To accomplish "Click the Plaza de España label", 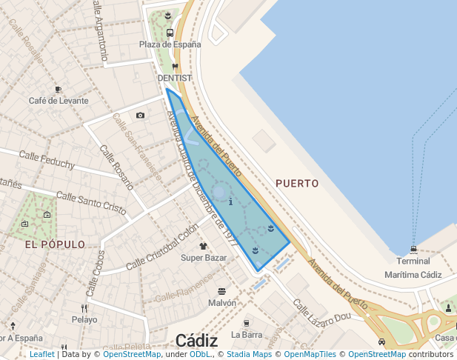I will tap(170, 44).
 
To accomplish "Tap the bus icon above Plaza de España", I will tap(170, 33).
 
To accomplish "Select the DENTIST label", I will tap(175, 78).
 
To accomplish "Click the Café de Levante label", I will tap(59, 101).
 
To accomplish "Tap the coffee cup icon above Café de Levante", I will tap(59, 89).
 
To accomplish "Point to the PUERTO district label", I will tap(296, 183).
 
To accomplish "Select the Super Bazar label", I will tap(204, 258).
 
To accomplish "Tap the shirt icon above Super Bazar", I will tap(204, 246).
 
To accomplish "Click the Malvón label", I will tap(222, 303).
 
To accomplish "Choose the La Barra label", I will tap(247, 334).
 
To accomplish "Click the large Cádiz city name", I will tap(196, 341).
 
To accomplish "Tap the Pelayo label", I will tap(84, 320).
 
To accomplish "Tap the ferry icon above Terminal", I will tap(413, 249).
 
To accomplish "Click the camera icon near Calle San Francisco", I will tap(141, 115).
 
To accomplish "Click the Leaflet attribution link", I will tap(41, 355).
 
